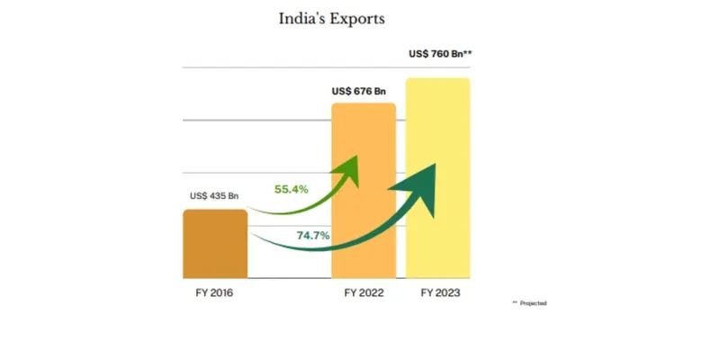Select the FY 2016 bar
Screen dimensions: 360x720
click(215, 244)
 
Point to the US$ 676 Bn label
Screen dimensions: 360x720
click(358, 91)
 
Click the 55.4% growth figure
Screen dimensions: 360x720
click(292, 189)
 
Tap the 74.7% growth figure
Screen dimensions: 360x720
click(312, 236)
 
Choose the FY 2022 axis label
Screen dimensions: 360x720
click(364, 293)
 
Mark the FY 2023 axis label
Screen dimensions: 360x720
click(439, 293)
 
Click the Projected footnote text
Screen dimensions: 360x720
click(533, 303)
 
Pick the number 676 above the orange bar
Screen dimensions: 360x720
click(362, 91)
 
